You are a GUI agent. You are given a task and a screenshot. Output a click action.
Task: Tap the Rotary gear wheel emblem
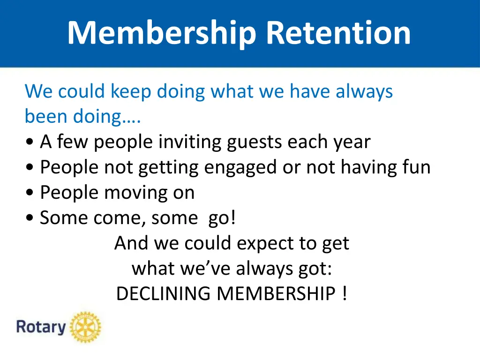(x=85, y=327)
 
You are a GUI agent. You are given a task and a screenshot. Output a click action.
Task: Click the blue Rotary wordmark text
(x=41, y=327)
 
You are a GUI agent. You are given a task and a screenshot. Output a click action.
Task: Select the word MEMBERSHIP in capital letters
(x=276, y=294)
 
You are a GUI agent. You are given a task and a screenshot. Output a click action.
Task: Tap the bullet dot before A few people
(x=31, y=142)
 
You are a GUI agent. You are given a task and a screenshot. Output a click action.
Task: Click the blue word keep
(x=131, y=91)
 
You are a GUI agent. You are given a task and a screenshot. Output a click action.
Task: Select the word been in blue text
(x=46, y=116)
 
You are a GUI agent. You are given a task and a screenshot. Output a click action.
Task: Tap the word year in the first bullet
(x=351, y=142)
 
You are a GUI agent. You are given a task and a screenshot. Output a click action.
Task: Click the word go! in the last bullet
(x=220, y=218)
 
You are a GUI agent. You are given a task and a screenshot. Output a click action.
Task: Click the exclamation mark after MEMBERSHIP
(x=345, y=294)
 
